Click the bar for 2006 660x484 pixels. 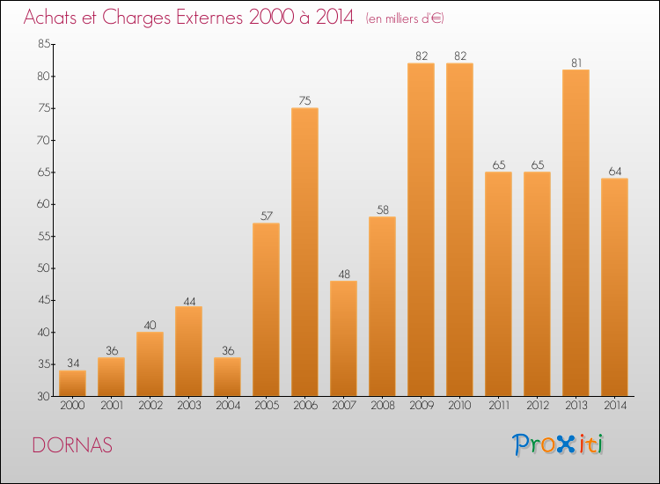(x=304, y=252)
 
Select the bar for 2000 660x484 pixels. (x=72, y=383)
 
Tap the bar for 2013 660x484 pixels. (x=576, y=232)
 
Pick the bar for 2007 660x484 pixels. (x=343, y=338)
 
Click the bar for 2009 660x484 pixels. (x=421, y=229)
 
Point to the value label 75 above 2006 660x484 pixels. (x=304, y=101)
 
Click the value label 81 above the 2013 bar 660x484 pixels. (x=576, y=62)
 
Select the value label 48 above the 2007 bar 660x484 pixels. (x=343, y=274)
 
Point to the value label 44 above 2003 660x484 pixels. (x=188, y=300)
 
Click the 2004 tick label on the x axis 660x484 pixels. (x=227, y=406)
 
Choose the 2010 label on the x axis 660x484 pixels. (x=459, y=406)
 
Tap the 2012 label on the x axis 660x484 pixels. (x=537, y=406)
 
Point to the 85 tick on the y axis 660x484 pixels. (x=42, y=45)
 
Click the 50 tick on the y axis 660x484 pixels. (x=42, y=268)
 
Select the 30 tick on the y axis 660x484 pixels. (x=42, y=397)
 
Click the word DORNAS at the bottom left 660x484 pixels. (x=72, y=445)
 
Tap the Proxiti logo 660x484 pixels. (x=558, y=444)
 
